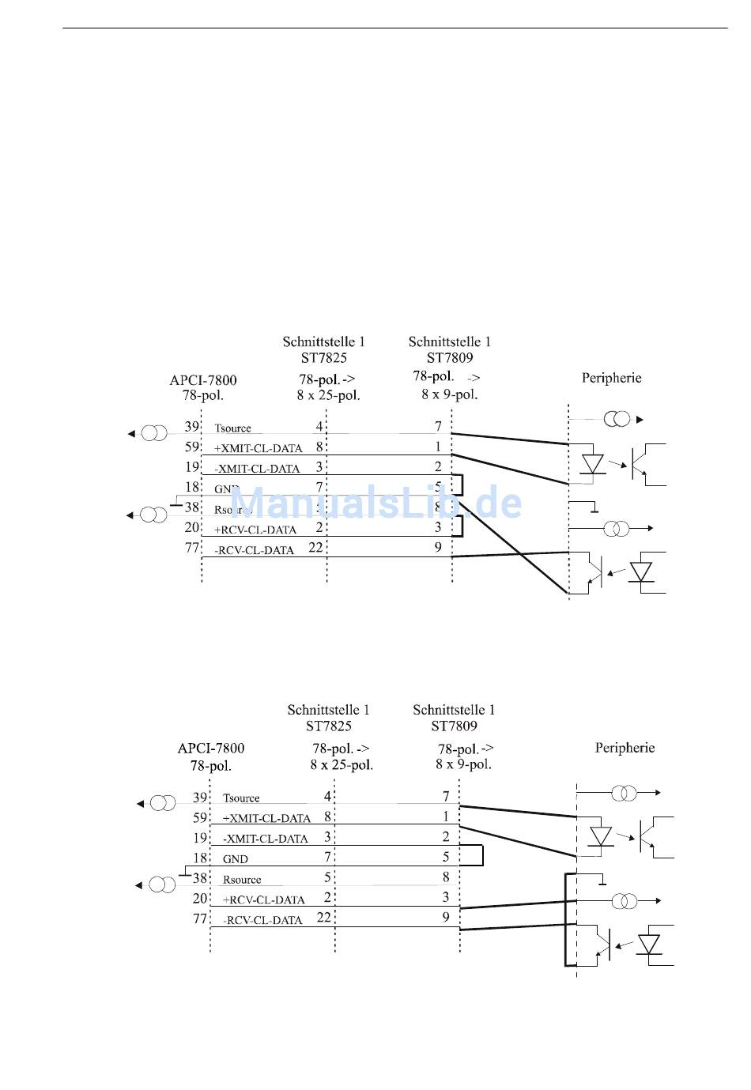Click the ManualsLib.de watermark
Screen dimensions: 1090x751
376,503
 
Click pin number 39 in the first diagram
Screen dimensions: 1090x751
192,427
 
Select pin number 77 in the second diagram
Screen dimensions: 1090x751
200,918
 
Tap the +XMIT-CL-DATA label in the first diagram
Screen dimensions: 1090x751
259,448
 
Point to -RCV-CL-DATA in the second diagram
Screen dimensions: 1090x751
262,920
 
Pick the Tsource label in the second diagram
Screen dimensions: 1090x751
241,798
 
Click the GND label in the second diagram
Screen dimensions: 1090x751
236,859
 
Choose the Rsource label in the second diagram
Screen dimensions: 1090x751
242,880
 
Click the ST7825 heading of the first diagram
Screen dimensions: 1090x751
324,358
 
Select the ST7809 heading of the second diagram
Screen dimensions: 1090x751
454,726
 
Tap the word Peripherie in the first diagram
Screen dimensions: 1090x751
611,378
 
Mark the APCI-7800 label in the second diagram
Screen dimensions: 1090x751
211,749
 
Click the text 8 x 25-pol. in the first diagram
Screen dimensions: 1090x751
328,395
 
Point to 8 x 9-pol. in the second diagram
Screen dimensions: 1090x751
463,764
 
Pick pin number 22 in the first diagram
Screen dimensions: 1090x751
315,547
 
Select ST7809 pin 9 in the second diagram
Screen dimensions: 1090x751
446,917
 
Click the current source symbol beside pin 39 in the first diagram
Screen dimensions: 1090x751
154,433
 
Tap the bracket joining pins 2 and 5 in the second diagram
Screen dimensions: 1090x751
481,855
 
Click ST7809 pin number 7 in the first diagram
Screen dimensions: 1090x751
438,427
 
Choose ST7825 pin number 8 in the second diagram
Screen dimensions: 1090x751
327,817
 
